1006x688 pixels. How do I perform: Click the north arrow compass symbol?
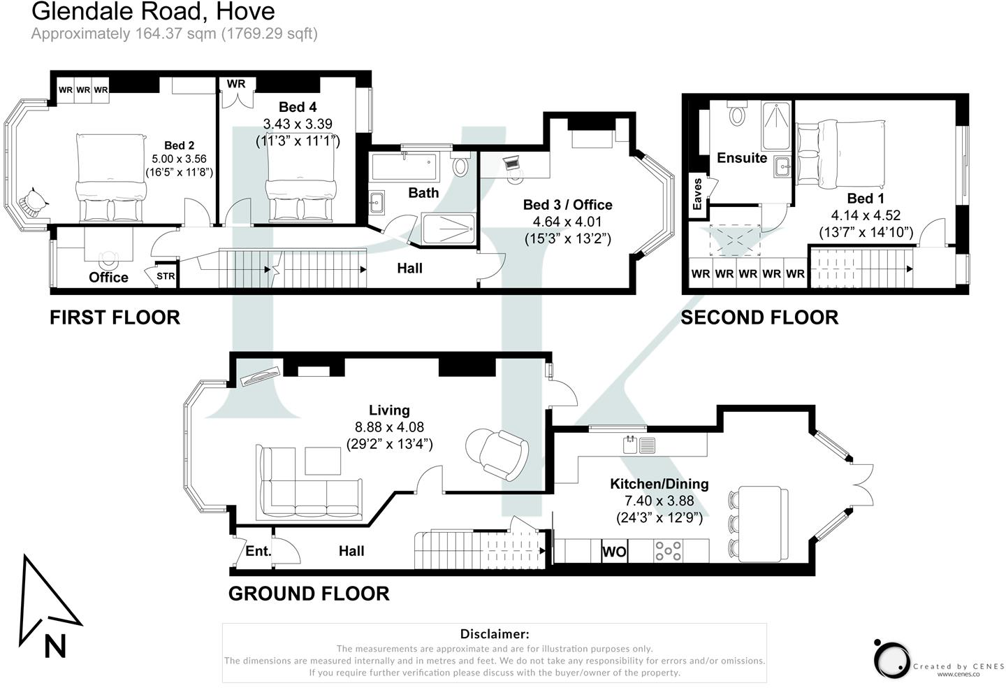coord(49,605)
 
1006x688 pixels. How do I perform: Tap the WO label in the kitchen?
coord(614,552)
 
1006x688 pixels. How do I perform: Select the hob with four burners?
coord(668,552)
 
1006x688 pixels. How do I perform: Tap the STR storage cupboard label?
coord(166,276)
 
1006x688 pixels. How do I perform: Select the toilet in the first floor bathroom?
coord(460,166)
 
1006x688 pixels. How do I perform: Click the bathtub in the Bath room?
coord(404,167)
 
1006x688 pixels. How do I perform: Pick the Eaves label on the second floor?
coord(697,194)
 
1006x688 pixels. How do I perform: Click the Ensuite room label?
coord(742,158)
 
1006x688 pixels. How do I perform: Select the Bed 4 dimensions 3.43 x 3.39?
coord(298,124)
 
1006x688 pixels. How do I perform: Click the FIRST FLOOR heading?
coord(115,317)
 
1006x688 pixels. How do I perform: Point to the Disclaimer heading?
coord(495,634)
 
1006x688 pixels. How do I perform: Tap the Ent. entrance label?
coord(258,551)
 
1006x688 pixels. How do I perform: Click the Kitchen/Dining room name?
coord(659,484)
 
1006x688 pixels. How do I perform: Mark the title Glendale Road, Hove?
coord(154,11)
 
